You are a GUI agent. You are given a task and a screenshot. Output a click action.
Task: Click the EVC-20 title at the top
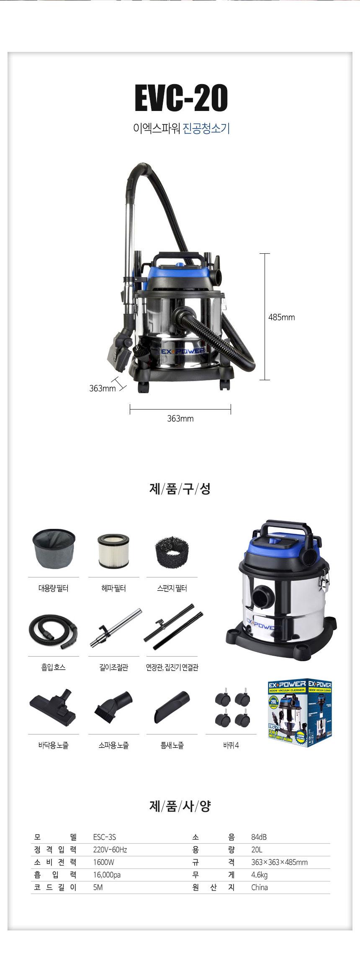[x=181, y=98]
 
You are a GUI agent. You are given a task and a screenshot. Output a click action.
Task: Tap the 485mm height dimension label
[x=281, y=317]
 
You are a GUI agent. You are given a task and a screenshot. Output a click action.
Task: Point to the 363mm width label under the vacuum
[x=180, y=419]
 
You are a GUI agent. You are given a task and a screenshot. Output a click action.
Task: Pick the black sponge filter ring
[x=172, y=551]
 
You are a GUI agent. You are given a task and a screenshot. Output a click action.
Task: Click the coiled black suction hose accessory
[x=53, y=631]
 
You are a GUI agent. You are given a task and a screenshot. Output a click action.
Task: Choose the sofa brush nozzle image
[x=113, y=708]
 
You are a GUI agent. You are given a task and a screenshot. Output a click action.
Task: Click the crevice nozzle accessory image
[x=172, y=708]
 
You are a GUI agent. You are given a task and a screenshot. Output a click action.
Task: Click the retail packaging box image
[x=299, y=714]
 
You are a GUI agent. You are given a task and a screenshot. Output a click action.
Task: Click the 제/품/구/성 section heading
[x=180, y=489]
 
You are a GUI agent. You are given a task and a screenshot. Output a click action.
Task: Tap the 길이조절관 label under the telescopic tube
[x=113, y=667]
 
